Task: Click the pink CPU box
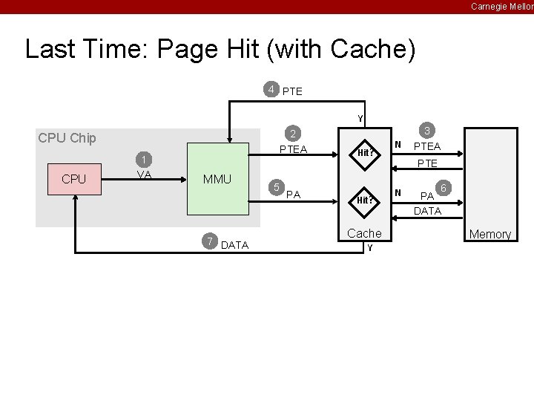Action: pos(74,180)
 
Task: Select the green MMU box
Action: pos(217,180)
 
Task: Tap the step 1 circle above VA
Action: pos(144,160)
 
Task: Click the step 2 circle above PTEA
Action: pos(293,134)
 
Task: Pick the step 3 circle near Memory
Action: pos(426,129)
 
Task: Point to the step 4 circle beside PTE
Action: pos(272,90)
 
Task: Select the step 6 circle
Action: pos(444,188)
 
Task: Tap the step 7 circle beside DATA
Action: pos(211,241)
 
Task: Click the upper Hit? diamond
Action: pos(364,152)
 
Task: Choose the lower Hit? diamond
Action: pos(364,200)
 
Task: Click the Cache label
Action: pos(364,233)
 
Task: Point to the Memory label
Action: pos(489,235)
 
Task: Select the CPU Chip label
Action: pos(67,138)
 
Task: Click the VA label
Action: pos(144,175)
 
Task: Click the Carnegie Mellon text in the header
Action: pos(501,7)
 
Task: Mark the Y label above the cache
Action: pos(360,118)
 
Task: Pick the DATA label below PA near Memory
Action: pos(427,211)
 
